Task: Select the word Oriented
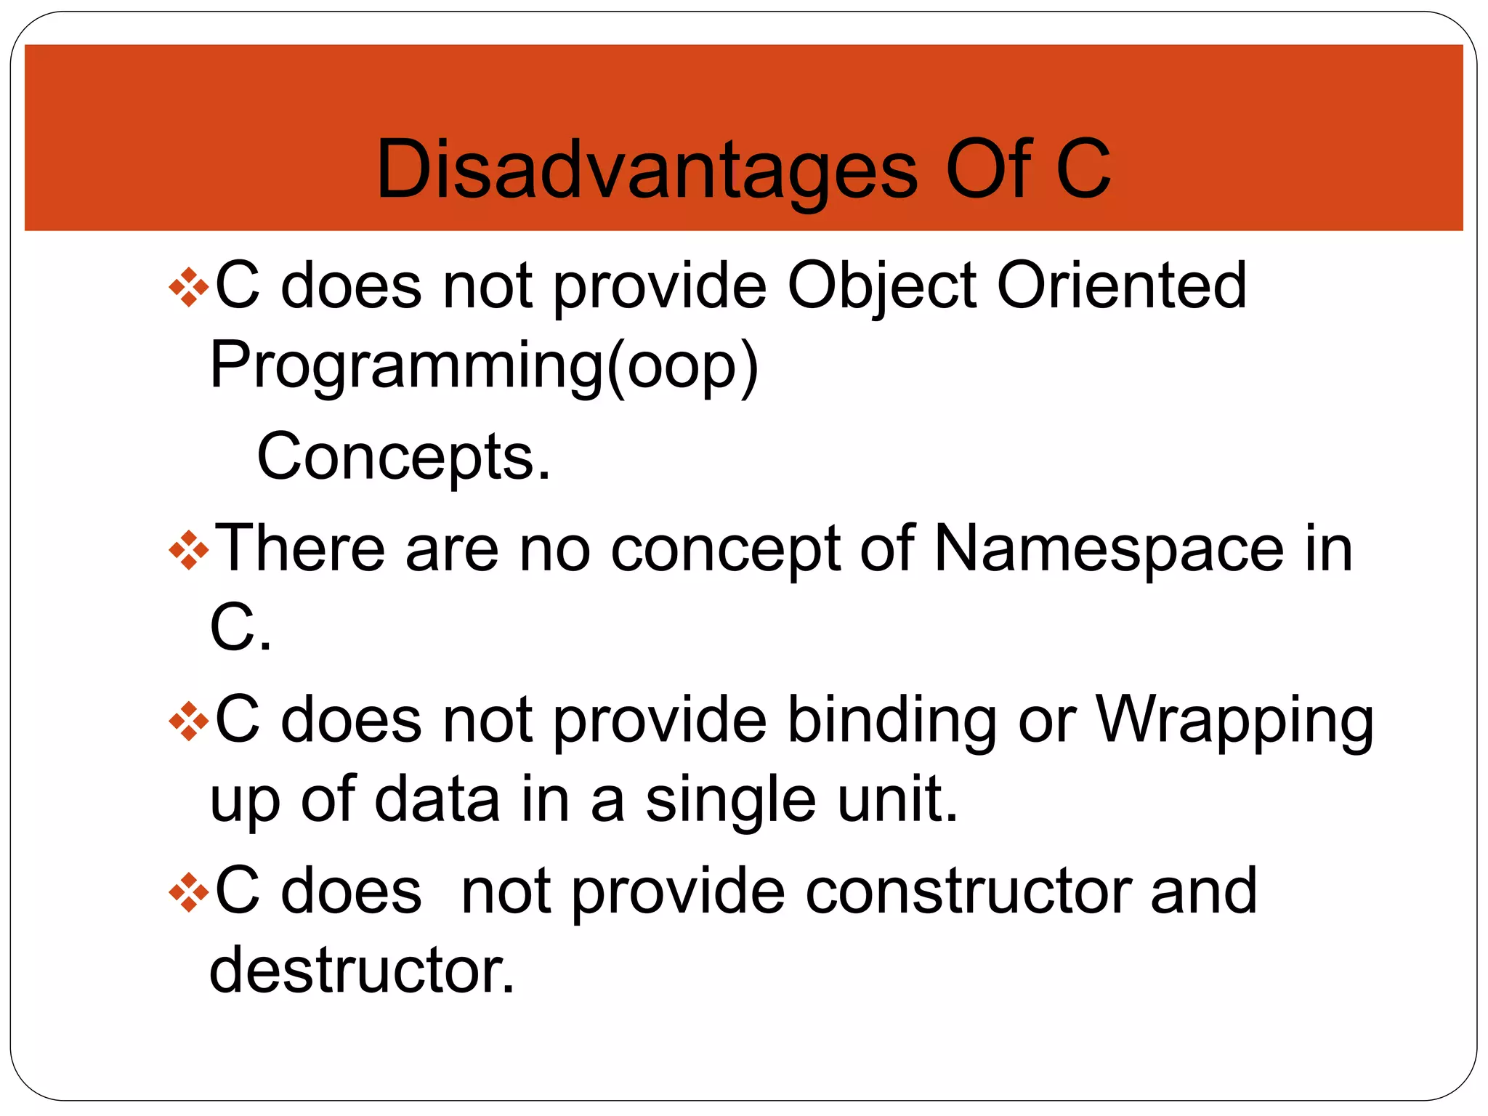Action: (x=1122, y=285)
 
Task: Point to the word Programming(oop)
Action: (x=484, y=367)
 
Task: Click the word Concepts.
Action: (x=404, y=457)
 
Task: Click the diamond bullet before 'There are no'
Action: (x=188, y=551)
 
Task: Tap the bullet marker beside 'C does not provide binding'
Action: (x=188, y=721)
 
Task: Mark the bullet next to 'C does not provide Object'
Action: (x=188, y=288)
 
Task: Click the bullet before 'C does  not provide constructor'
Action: (x=188, y=893)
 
